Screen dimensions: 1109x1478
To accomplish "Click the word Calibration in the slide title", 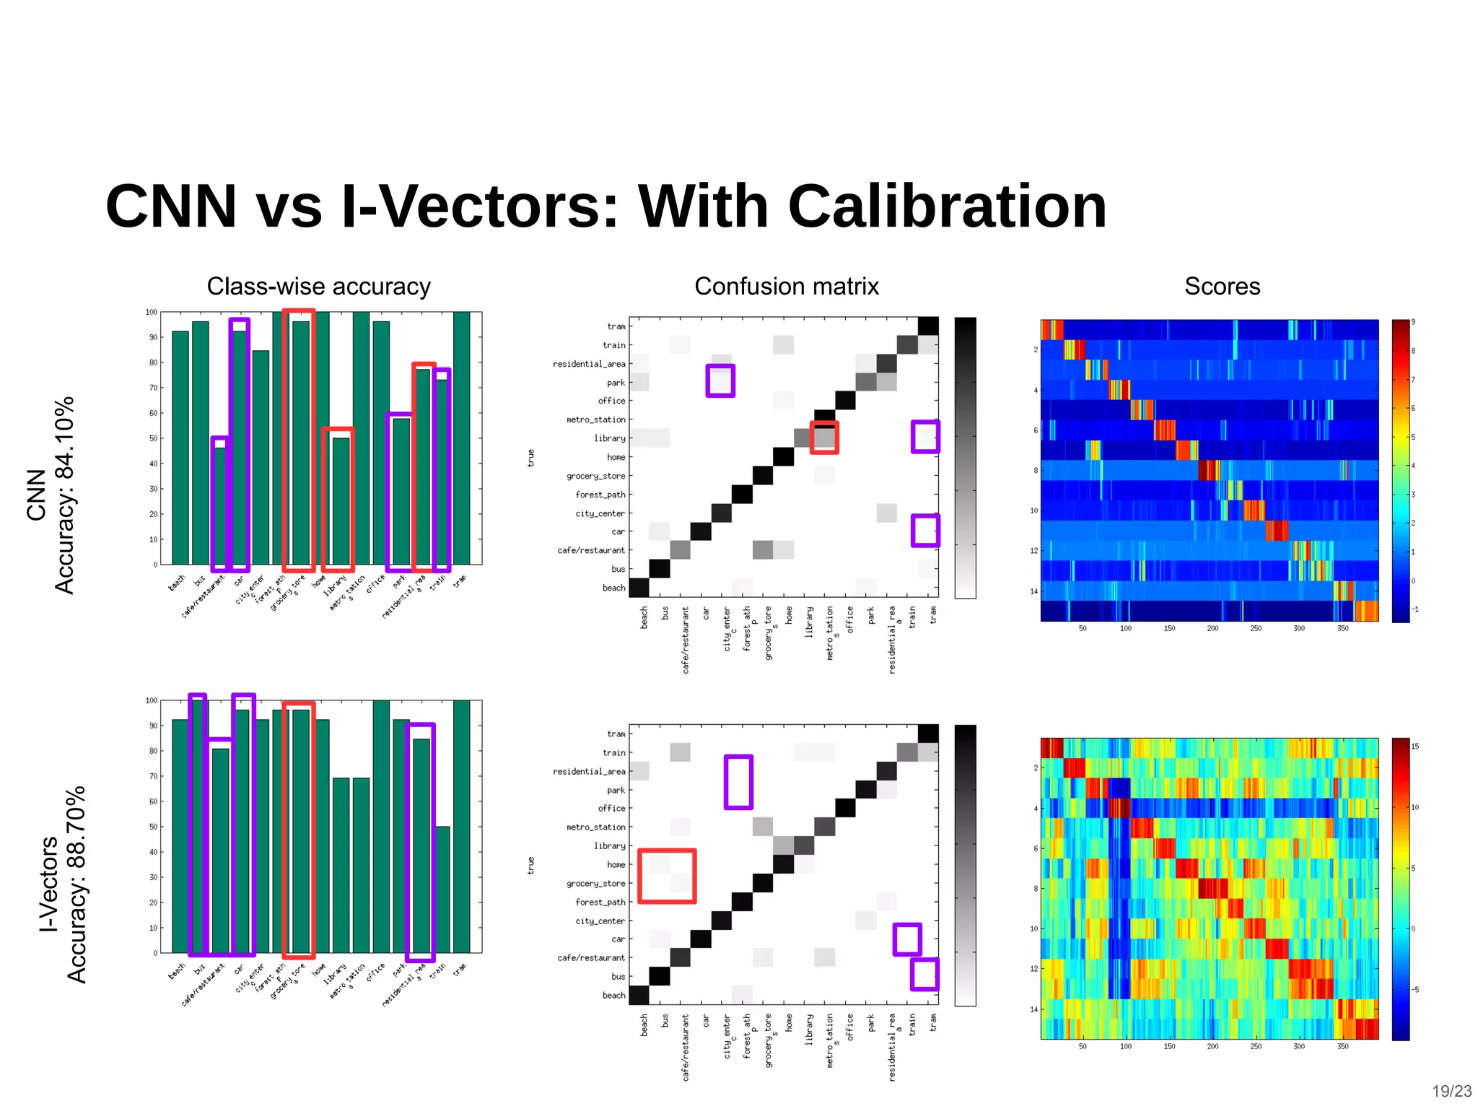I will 947,206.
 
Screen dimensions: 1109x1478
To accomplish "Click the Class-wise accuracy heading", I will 318,287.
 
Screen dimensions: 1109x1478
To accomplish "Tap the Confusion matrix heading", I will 786,287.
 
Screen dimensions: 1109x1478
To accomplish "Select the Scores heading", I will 1222,287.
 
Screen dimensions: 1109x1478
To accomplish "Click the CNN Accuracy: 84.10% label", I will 51,495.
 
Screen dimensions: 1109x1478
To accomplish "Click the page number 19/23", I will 1451,1091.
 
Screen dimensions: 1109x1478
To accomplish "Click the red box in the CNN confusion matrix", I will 824,438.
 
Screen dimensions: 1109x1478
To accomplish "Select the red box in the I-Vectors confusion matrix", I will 667,876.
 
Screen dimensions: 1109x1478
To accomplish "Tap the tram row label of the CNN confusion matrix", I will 616,326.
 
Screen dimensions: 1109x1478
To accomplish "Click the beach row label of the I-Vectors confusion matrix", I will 613,995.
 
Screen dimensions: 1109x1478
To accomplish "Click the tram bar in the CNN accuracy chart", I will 461,438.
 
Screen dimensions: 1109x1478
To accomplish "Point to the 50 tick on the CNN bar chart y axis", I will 153,438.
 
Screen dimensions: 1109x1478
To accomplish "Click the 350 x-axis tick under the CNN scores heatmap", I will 1342,628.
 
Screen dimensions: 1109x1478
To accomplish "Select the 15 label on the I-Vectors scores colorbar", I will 1414,747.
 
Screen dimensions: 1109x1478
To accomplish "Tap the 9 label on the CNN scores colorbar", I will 1413,322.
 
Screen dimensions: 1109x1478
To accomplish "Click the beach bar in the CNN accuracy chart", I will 180,448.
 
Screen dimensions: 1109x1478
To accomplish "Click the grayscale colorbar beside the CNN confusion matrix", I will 965,458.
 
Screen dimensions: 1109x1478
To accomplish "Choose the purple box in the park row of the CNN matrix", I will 720,380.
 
